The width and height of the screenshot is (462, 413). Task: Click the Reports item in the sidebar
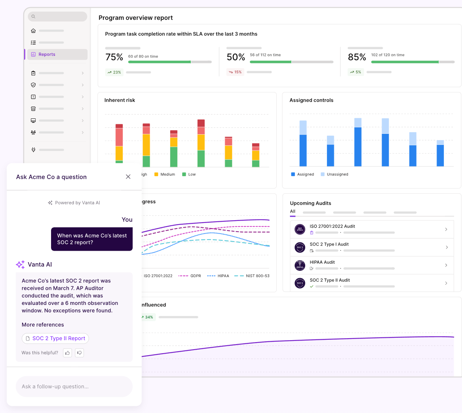pos(47,54)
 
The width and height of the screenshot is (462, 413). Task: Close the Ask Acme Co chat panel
pos(128,177)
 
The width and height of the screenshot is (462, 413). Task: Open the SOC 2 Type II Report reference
pos(55,338)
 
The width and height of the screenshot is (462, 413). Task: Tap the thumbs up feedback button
pos(67,352)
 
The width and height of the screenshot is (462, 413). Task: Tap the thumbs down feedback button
pos(80,352)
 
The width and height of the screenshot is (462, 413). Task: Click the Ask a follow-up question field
pos(74,386)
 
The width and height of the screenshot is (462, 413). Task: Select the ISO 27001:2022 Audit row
pos(371,229)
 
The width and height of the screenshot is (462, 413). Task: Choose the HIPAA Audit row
pos(371,265)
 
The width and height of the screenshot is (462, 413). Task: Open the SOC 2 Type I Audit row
pos(371,247)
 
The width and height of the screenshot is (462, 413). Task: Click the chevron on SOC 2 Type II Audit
pos(446,283)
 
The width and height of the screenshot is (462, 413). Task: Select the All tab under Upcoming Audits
pos(293,211)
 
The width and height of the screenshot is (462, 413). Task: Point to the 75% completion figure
pos(114,57)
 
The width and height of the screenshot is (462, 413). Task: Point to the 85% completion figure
pos(357,57)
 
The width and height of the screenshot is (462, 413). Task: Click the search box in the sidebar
pos(57,17)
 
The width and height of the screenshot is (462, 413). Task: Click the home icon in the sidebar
pos(33,30)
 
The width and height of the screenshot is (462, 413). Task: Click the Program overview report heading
pos(135,18)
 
